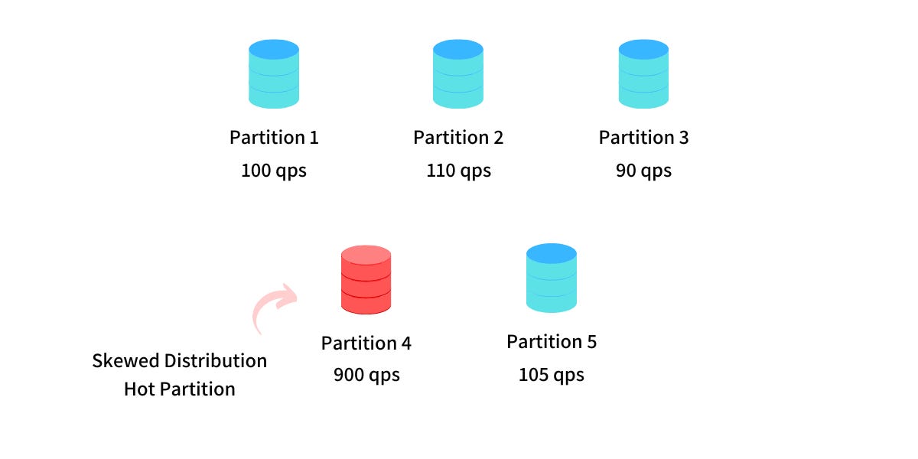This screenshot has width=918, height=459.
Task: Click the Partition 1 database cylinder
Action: pos(274,74)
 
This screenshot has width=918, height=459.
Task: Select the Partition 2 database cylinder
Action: pos(458,74)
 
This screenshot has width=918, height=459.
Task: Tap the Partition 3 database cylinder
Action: pos(643,74)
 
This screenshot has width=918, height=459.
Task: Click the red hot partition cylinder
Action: pos(366,279)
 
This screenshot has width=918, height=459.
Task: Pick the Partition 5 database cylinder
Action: pos(551,278)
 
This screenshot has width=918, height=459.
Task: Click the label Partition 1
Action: pos(274,138)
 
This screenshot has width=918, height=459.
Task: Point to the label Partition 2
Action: pos(458,138)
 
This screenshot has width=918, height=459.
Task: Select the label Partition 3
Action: pos(643,138)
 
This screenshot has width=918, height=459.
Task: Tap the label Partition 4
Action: pos(366,343)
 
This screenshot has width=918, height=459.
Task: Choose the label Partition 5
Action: pos(551,342)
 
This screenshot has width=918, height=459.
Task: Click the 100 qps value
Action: pos(274,171)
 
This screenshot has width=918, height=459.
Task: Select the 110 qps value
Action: pos(458,171)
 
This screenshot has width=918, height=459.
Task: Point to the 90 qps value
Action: pos(643,171)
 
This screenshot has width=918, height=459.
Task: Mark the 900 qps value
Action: pos(366,376)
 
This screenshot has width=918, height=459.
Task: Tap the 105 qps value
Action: pos(551,375)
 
